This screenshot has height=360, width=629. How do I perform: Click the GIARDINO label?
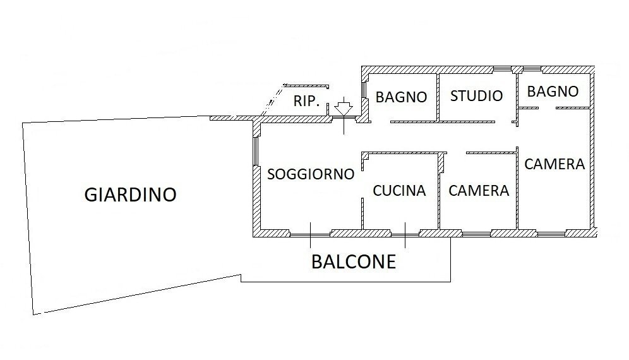[130, 195]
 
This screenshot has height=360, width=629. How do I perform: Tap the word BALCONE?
[354, 261]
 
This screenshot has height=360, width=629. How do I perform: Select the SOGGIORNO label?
[311, 174]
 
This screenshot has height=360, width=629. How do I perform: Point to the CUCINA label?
[399, 191]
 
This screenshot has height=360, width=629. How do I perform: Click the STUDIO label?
[477, 96]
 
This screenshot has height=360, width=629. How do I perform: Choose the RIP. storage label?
[306, 101]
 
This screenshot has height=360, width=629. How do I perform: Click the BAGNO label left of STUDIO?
[401, 97]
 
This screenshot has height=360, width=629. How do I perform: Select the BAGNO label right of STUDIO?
[553, 92]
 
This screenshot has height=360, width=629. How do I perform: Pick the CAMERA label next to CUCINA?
[479, 191]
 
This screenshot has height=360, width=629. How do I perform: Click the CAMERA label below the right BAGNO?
[554, 164]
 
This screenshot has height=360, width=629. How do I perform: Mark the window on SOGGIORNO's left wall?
[255, 152]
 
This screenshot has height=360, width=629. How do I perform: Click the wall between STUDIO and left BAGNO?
[438, 97]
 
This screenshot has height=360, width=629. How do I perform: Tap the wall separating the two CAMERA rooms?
[517, 189]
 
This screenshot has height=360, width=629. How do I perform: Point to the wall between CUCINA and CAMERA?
[439, 192]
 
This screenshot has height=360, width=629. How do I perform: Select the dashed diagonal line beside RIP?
[273, 100]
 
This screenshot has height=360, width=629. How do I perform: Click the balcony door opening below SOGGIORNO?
[311, 234]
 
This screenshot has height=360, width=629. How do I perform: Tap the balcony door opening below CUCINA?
[405, 234]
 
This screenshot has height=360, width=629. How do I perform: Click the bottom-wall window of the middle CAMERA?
[477, 234]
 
